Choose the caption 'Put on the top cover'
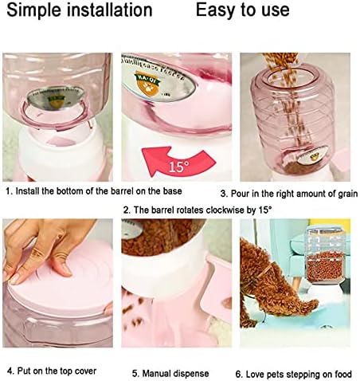55,371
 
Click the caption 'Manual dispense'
171,372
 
